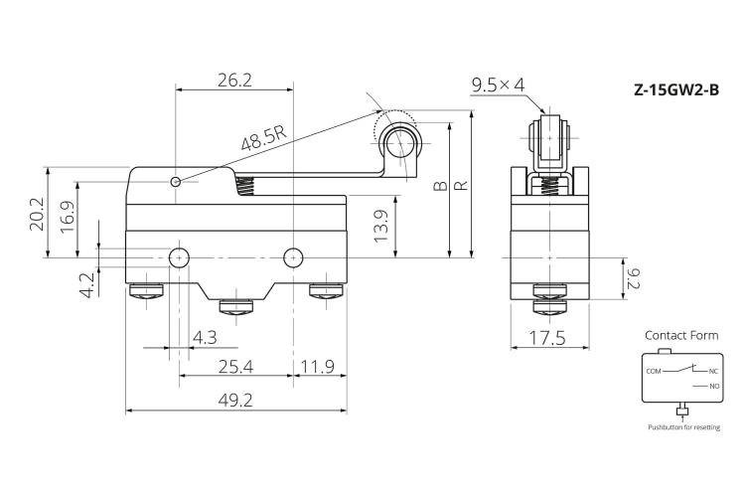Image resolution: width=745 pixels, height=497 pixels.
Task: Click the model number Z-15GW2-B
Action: tap(676, 89)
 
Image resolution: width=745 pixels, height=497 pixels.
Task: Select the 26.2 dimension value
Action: tap(234, 81)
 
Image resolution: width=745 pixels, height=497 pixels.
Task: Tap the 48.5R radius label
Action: tap(264, 138)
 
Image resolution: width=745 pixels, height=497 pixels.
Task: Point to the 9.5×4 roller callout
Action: tap(498, 85)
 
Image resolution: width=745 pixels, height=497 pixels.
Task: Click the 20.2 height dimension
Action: tap(37, 215)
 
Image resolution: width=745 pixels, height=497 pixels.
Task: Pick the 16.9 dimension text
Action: tap(68, 217)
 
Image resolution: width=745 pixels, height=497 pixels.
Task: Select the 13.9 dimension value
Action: tap(380, 226)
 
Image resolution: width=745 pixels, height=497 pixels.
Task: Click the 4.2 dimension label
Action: tap(87, 285)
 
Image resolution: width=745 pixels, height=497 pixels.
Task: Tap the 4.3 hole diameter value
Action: tap(205, 338)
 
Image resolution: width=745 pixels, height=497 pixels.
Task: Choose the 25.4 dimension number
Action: tap(235, 367)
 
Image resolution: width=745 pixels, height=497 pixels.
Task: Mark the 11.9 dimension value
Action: tap(318, 367)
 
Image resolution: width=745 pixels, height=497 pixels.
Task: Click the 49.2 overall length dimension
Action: tap(235, 401)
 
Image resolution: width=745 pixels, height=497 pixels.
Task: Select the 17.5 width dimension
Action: tap(547, 338)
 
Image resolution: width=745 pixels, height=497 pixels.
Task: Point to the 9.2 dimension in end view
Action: tap(634, 278)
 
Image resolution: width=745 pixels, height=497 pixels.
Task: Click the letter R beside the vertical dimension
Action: tap(461, 186)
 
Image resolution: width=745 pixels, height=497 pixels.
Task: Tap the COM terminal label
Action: tap(654, 371)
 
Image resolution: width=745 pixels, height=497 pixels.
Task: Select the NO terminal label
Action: tap(714, 387)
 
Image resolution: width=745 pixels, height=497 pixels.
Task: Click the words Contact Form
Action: tap(681, 335)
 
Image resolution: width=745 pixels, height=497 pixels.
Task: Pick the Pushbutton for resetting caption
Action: tap(683, 427)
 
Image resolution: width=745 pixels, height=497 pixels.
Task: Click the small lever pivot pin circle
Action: tap(175, 182)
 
